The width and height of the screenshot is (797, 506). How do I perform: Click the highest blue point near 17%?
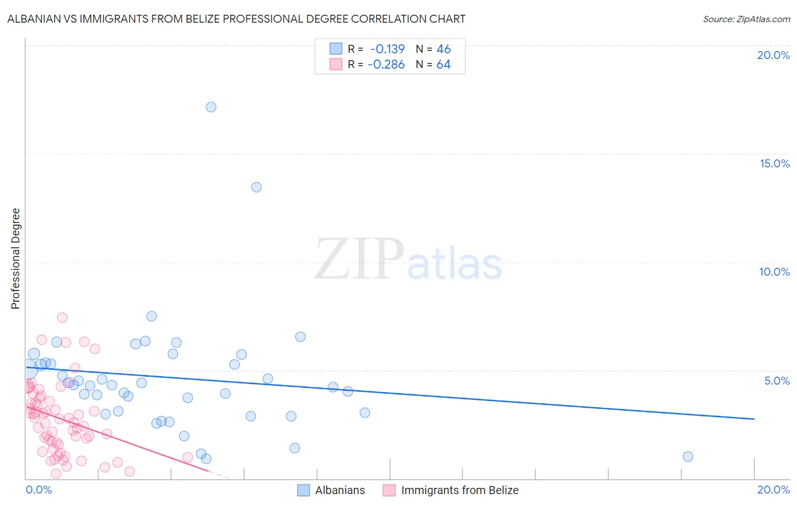pos(211,107)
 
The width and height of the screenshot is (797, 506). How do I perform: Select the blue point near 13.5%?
pos(256,187)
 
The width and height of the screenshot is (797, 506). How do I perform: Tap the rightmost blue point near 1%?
pos(688,457)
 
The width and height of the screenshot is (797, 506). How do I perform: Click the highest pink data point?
pos(62,318)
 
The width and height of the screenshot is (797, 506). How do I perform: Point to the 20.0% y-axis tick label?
pos(773,55)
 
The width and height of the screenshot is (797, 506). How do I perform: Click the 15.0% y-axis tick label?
pos(774,163)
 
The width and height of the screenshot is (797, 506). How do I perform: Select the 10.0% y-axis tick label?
pos(774,272)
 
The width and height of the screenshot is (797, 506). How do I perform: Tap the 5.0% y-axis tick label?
pos(777,381)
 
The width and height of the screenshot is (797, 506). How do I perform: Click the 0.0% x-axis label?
pos(39,490)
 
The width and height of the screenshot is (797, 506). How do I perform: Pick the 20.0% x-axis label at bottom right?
pos(773,490)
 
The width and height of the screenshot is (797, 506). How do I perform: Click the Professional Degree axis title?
pos(15,259)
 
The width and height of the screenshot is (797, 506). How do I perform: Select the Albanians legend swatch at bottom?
pos(304,490)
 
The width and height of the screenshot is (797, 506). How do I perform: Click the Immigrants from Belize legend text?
pos(460,490)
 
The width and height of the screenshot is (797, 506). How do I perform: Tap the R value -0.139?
pos(387,49)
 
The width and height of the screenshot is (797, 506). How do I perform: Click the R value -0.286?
pos(386,65)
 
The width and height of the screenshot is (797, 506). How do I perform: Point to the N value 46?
pos(443,49)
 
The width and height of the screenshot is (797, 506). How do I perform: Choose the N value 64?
pos(443,65)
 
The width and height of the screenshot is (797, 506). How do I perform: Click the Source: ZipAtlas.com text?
pos(746,19)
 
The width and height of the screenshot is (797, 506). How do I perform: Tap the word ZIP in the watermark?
pos(359,259)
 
